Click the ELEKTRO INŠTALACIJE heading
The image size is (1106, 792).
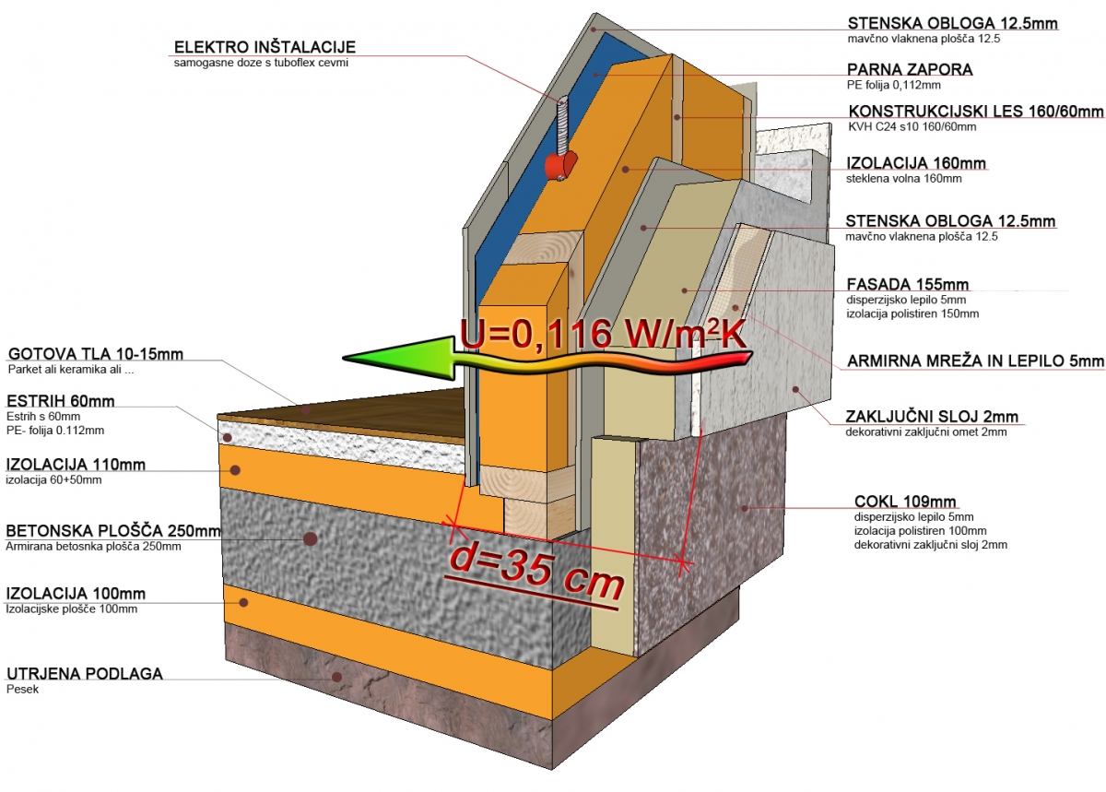pyautogui.click(x=264, y=47)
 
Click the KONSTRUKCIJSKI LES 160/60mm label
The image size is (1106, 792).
pyautogui.click(x=975, y=112)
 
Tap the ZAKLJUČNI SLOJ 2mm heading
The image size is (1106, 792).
pyautogui.click(x=930, y=416)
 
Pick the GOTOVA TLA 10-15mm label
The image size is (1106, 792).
pyautogui.click(x=96, y=355)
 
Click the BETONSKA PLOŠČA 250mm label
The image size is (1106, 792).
pyautogui.click(x=113, y=531)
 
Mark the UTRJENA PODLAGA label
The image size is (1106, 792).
pyautogui.click(x=85, y=674)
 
